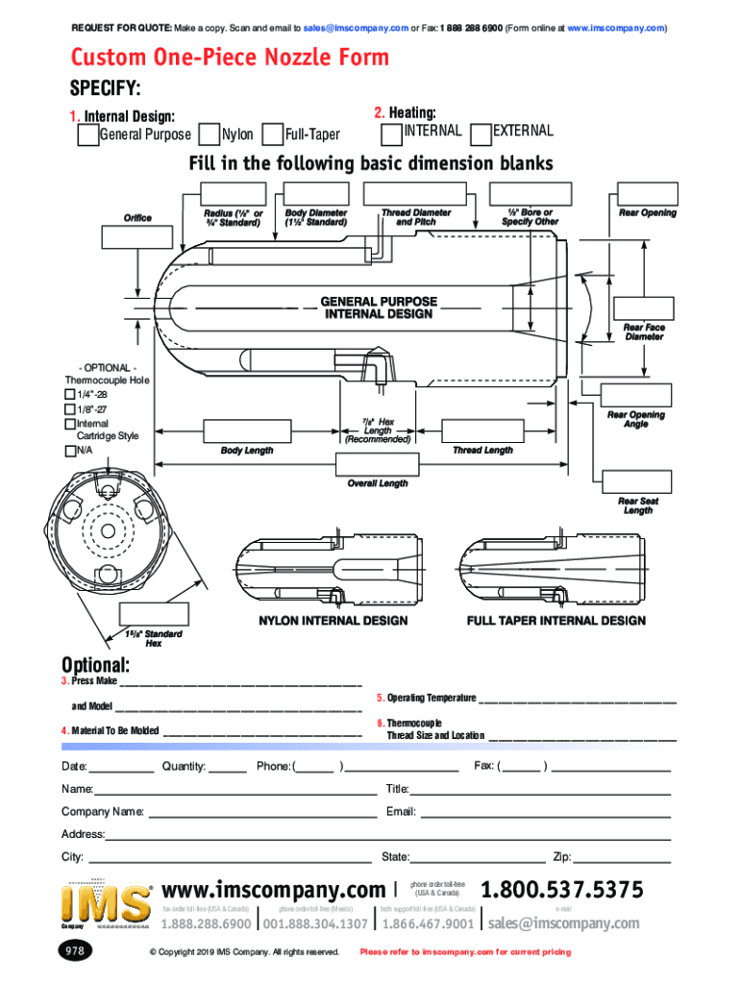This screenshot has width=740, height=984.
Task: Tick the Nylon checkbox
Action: pos(208,135)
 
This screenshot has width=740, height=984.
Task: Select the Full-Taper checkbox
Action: pos(272,135)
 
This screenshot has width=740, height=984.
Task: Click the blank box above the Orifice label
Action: pos(137,237)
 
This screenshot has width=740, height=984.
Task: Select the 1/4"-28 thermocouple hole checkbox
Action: pos(69,395)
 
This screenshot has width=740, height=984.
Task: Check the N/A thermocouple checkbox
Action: pos(69,451)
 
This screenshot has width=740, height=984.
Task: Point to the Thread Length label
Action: pos(482,450)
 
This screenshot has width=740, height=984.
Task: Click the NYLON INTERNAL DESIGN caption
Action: pos(333,621)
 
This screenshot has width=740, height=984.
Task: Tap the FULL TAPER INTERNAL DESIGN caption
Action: pos(555,621)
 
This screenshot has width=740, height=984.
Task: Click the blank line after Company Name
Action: pos(262,812)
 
